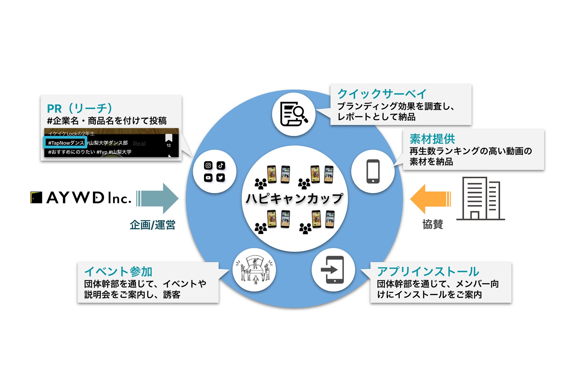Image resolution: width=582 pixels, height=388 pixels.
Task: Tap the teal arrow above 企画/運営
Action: point(157,199)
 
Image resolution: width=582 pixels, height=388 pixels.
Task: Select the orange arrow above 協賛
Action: point(430,199)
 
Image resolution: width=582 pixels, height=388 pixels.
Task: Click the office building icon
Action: point(481,199)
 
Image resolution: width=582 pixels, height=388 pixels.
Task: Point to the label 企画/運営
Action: point(152,225)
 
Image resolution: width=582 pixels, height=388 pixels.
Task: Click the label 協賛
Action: point(433,224)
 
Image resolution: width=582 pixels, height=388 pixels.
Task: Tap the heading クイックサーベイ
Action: point(382,94)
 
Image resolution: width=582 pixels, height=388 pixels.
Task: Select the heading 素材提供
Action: point(432,139)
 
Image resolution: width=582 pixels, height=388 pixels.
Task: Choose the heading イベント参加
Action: point(118,271)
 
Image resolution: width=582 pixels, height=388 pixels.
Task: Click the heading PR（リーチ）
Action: point(79,108)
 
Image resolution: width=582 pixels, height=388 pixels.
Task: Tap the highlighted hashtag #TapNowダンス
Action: point(66,143)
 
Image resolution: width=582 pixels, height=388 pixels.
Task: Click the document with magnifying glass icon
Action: point(294,114)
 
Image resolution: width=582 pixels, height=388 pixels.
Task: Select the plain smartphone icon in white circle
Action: point(373,171)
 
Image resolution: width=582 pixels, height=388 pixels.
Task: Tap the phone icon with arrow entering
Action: point(333,270)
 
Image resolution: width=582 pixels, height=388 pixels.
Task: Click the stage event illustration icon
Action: point(254,269)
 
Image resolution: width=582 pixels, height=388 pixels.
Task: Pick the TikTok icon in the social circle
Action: point(221,165)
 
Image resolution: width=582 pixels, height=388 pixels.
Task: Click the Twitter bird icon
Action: point(221,178)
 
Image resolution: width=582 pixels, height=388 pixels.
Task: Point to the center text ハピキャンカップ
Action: point(294,199)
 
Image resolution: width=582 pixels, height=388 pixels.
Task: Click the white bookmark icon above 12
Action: point(169,138)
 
